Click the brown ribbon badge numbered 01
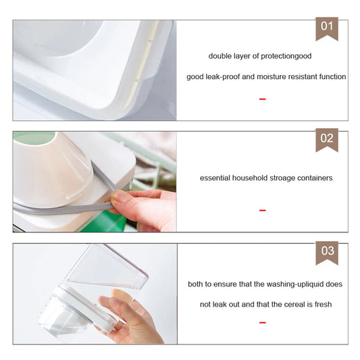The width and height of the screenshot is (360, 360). coord(327,28)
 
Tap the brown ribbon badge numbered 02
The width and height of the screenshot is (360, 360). coord(327,140)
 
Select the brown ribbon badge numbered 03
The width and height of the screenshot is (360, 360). coord(327,253)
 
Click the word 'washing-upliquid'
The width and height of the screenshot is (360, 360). coord(296,284)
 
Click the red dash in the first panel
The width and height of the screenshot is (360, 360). coord(263,99)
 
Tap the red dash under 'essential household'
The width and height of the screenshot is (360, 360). coord(263,210)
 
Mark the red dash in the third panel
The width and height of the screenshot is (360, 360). coord(263,323)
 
